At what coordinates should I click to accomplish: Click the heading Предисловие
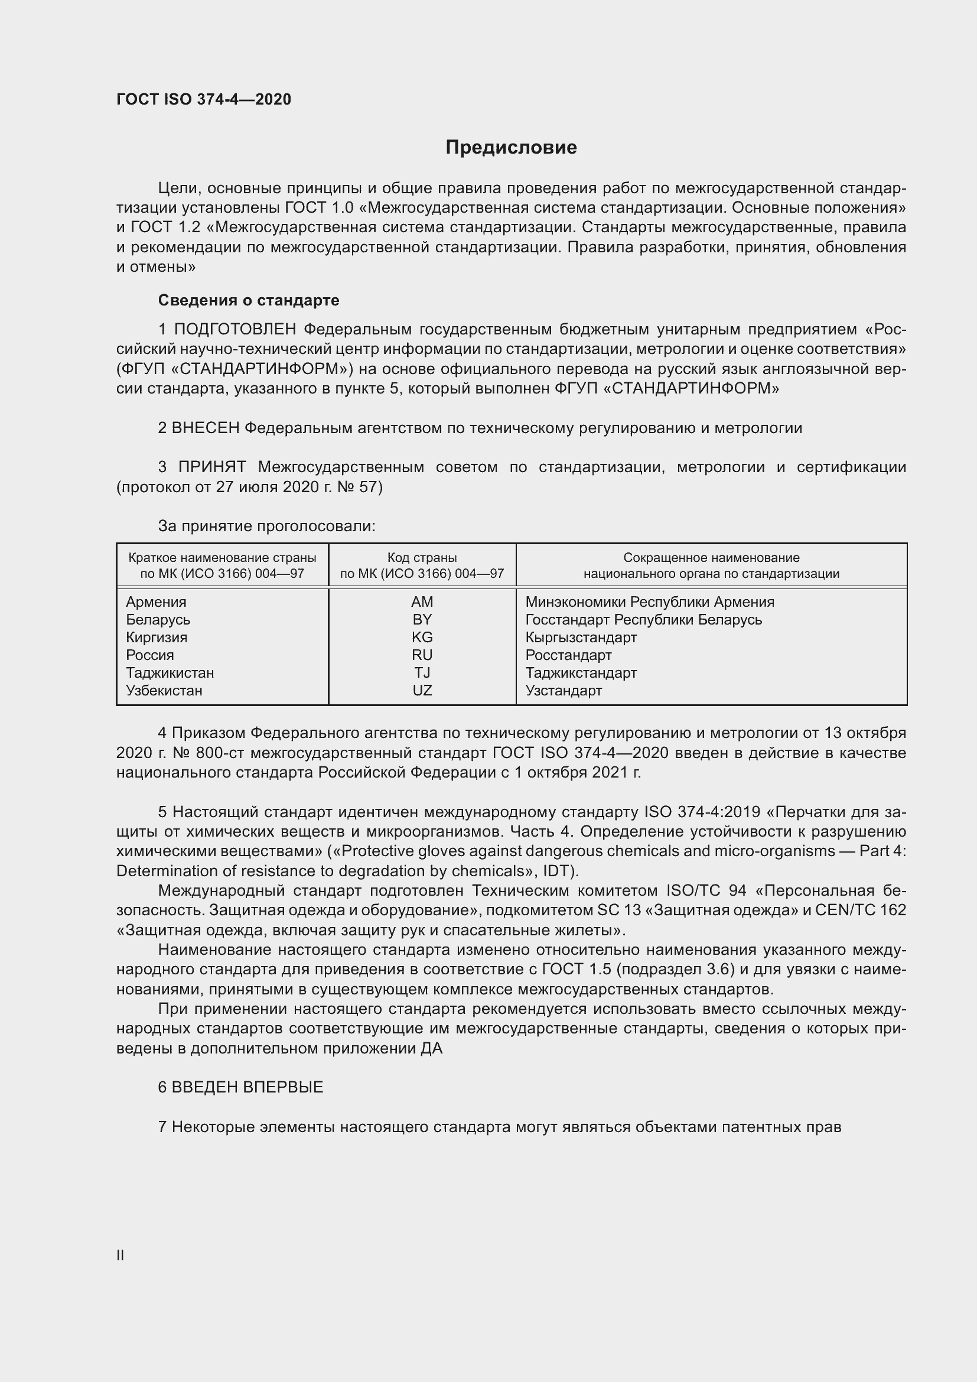tap(511, 148)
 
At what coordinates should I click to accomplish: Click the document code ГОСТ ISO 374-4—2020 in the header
tap(203, 99)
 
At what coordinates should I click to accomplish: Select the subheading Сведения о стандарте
tap(249, 300)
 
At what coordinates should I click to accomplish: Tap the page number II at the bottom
tap(121, 1255)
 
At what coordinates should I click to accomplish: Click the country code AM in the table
tap(422, 602)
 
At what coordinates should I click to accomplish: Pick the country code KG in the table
tap(422, 638)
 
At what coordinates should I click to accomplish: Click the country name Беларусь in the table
tap(158, 619)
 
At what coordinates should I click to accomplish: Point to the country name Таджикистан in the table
tap(170, 673)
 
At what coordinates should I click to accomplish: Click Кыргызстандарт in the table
tap(581, 638)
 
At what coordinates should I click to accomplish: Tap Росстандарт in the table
tap(568, 655)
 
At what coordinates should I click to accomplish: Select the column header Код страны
tap(422, 558)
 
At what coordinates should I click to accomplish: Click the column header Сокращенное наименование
tap(711, 558)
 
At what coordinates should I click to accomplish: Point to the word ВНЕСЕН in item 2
tap(206, 428)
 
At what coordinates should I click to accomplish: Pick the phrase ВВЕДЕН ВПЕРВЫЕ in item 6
tap(247, 1087)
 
